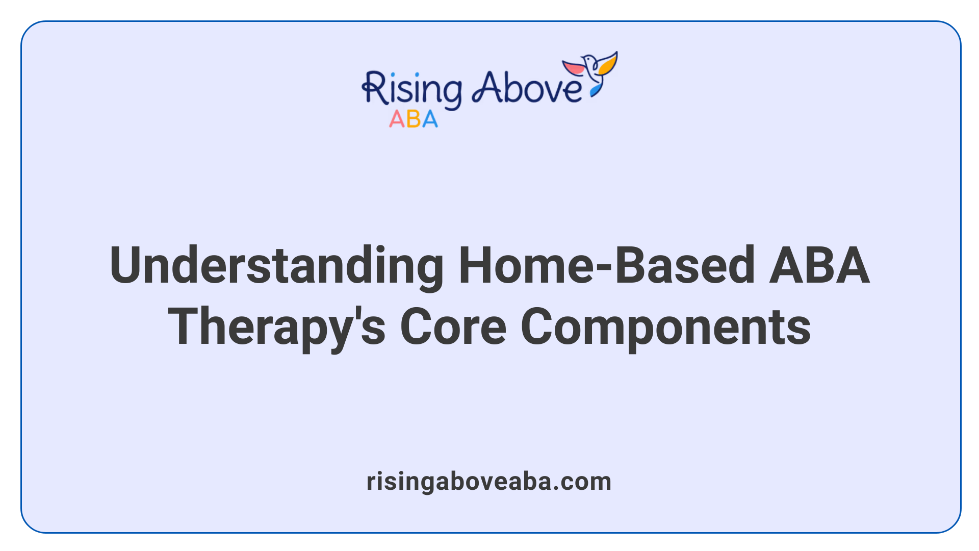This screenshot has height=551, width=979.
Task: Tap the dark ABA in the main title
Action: tap(819, 265)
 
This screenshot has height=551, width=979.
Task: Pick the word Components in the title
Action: tap(665, 328)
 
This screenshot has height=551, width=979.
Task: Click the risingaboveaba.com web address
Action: tap(489, 482)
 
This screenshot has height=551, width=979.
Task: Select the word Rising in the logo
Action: tap(412, 90)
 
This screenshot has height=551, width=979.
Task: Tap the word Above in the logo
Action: tap(527, 88)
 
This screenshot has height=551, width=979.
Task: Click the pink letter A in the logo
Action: tap(397, 119)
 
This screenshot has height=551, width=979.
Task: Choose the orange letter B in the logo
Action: tap(414, 119)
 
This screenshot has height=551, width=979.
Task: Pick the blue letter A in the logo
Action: tap(430, 119)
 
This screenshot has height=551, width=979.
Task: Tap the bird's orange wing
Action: tap(608, 63)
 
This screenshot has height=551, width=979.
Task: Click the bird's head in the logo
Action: tap(588, 60)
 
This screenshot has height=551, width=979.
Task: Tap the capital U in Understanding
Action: tap(125, 265)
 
